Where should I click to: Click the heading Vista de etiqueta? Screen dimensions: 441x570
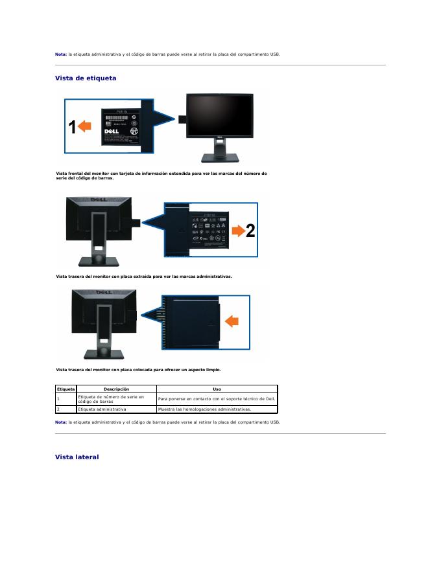click(86, 78)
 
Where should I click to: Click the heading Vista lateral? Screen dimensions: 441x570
click(77, 457)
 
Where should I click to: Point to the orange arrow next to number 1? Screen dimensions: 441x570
click(85, 128)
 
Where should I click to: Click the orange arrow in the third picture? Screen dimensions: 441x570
click(232, 320)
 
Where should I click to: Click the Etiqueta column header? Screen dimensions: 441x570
click(66, 389)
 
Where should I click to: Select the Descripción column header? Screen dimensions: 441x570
click(116, 389)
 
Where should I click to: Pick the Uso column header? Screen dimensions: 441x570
click(217, 389)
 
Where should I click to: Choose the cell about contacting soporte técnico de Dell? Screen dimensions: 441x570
click(217, 399)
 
